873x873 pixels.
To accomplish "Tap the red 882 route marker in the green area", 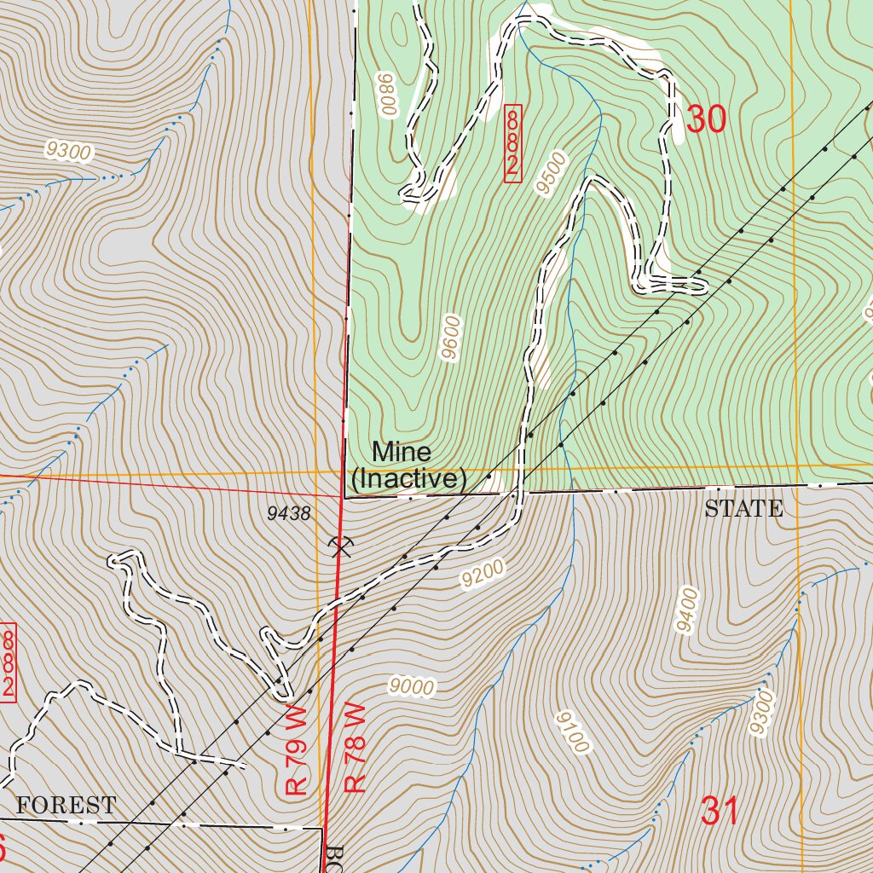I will point(512,142).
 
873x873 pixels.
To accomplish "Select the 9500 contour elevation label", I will point(553,173).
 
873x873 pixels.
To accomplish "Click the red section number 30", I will point(706,120).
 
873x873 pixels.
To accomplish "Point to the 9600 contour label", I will point(452,338).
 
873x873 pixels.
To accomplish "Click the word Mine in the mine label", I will point(402,452).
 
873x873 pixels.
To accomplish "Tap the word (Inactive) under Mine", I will point(409,480).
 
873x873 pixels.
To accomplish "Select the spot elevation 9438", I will point(288,513).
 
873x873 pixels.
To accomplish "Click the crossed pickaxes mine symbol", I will point(339,545).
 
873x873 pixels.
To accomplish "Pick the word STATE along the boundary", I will point(743,510).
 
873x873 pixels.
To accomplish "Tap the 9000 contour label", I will point(412,686).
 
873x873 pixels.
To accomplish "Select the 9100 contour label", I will point(572,732).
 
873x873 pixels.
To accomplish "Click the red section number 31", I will point(720,811).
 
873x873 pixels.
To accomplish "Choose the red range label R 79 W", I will point(296,750).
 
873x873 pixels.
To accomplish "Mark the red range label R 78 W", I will point(355,749).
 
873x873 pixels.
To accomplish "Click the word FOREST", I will point(66,805).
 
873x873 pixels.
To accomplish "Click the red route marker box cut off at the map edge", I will point(9,662).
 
